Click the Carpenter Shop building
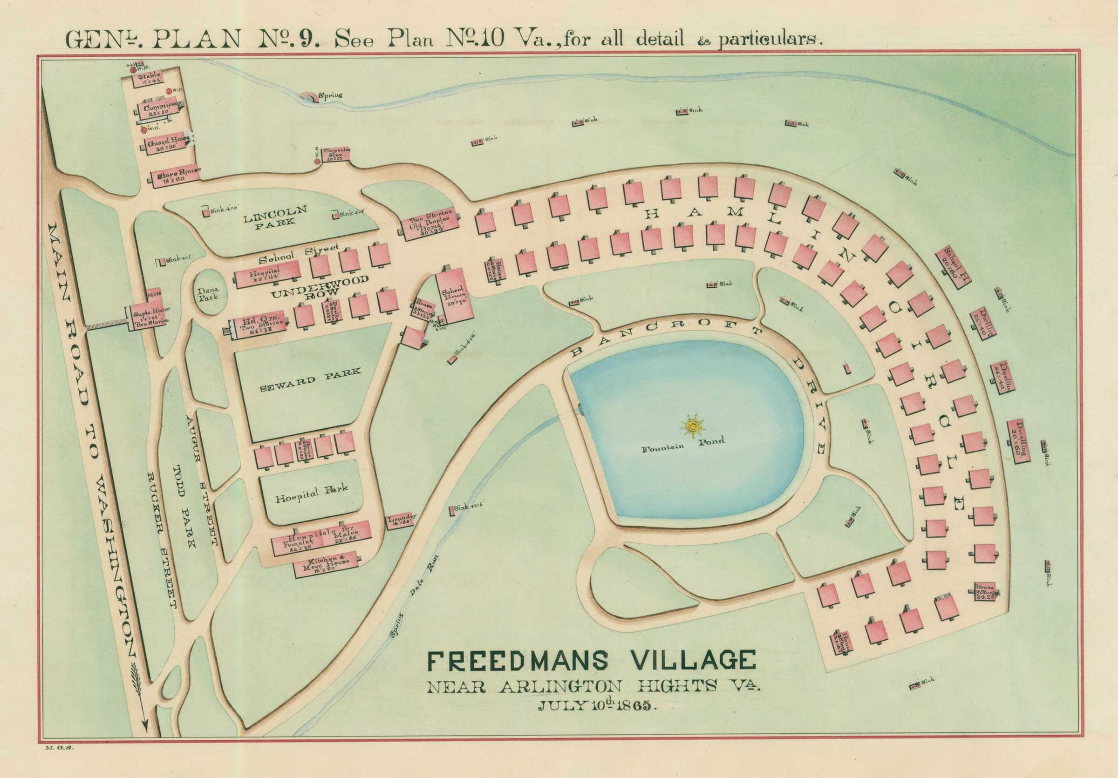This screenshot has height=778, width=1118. coord(336,154)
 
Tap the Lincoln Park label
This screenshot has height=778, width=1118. coord(276,216)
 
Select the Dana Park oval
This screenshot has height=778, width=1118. coord(208,294)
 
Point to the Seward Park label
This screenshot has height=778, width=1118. coord(310,380)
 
